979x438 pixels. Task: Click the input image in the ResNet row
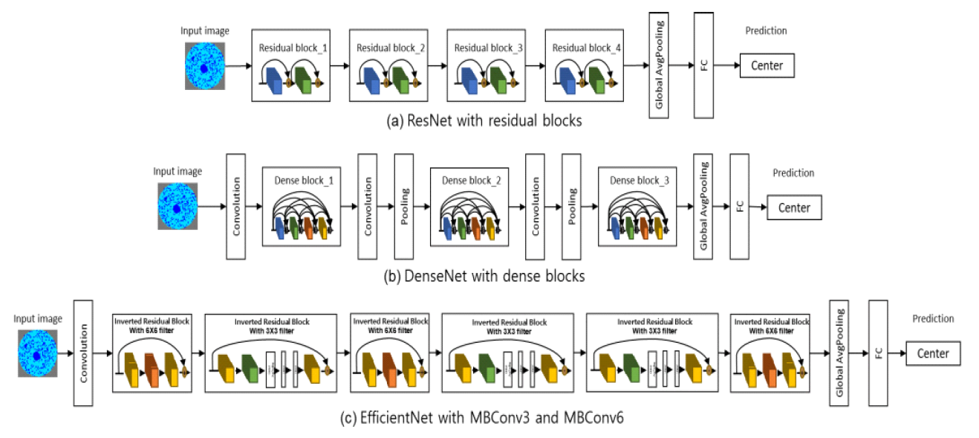tap(204, 66)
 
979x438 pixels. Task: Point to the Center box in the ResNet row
tap(767, 65)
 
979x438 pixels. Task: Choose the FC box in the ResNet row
tap(703, 65)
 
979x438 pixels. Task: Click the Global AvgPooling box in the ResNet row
tap(659, 65)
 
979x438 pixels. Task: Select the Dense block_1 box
tap(301, 207)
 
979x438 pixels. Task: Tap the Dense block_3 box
tap(637, 207)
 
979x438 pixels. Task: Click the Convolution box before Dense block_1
tap(236, 207)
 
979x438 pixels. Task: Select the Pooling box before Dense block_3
tap(571, 207)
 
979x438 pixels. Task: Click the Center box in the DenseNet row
tap(794, 207)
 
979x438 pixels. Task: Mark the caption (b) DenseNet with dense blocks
tap(484, 277)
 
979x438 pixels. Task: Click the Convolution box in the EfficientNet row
tap(83, 352)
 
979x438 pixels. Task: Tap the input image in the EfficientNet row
tap(37, 352)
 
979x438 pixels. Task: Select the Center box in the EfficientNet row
tap(933, 353)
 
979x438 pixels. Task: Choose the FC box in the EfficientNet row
tap(878, 353)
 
